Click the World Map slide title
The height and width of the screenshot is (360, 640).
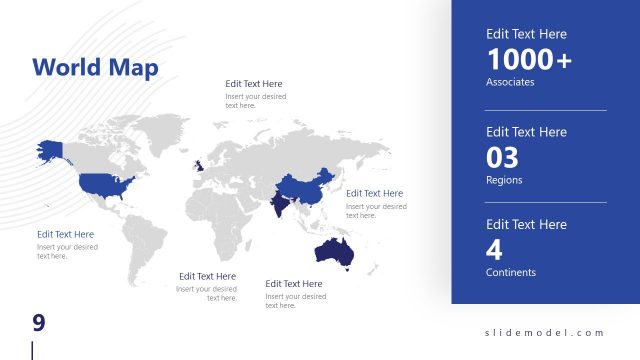tap(95, 67)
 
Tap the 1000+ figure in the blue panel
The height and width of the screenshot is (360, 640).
tap(529, 59)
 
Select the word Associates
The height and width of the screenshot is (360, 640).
tap(510, 82)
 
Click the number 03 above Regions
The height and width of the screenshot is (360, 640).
tap(503, 157)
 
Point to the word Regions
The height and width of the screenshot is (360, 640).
tap(504, 180)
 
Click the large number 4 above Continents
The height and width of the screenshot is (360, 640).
tap(494, 249)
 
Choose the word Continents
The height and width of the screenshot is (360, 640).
tap(511, 272)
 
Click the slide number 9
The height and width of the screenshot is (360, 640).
tap(39, 322)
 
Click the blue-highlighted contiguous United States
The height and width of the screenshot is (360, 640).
tap(105, 184)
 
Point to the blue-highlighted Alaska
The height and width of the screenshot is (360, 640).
tap(49, 150)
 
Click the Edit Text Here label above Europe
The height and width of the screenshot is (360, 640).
tap(253, 84)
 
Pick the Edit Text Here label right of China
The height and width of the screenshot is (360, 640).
tap(375, 193)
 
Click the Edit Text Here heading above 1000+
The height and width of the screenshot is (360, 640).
tap(526, 34)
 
